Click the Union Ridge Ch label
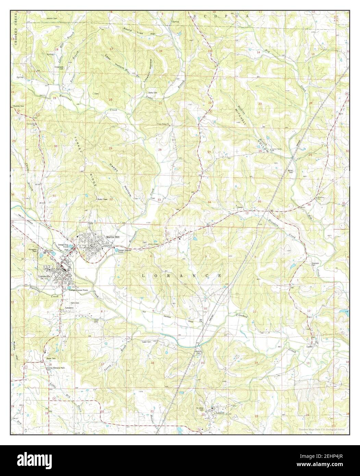pos(164,124)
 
